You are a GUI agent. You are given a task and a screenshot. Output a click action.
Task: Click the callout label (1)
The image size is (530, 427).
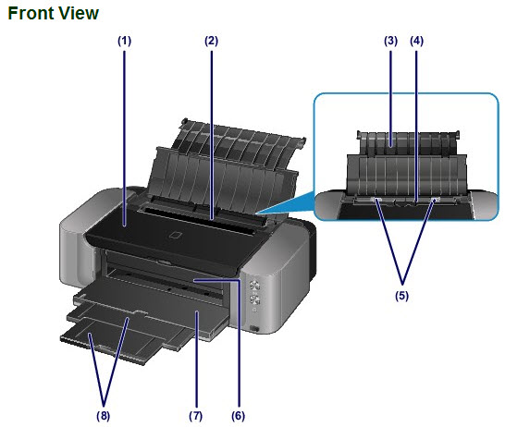[x=124, y=41]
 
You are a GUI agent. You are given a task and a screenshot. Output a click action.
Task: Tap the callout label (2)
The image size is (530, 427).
[x=211, y=41]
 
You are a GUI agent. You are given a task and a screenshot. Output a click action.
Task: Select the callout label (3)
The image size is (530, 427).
[x=390, y=41]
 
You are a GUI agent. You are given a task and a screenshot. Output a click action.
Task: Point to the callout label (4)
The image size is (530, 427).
[x=416, y=41]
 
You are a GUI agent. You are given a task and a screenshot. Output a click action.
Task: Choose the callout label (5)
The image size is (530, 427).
[x=402, y=296]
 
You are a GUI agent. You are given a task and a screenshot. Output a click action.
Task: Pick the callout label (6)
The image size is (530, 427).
[x=238, y=416]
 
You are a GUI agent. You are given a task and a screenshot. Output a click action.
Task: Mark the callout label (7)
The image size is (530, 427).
[x=196, y=416]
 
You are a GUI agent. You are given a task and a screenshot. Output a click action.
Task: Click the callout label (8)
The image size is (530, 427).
[x=103, y=416]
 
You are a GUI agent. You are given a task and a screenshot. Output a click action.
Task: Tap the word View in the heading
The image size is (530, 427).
[x=78, y=14]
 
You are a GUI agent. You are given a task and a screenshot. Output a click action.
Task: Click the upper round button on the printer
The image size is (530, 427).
[x=255, y=285]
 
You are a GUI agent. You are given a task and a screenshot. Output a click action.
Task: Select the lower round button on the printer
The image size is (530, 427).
[x=255, y=299]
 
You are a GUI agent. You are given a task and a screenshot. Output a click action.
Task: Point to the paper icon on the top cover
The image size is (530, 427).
[x=176, y=235]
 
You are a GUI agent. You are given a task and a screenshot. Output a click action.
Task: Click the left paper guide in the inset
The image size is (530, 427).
[x=376, y=201]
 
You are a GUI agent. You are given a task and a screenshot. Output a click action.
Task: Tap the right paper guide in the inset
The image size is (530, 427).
[x=435, y=201]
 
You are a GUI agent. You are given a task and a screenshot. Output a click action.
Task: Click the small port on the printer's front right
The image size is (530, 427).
[x=254, y=328]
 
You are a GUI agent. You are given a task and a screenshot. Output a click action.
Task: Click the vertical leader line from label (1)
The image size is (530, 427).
[x=124, y=139]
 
